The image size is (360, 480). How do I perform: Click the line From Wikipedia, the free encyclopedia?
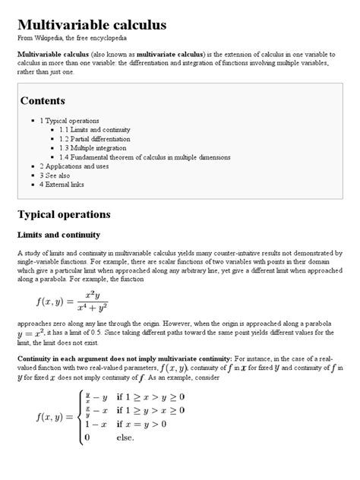(x=72, y=37)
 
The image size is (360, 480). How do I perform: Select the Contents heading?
(x=43, y=100)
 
